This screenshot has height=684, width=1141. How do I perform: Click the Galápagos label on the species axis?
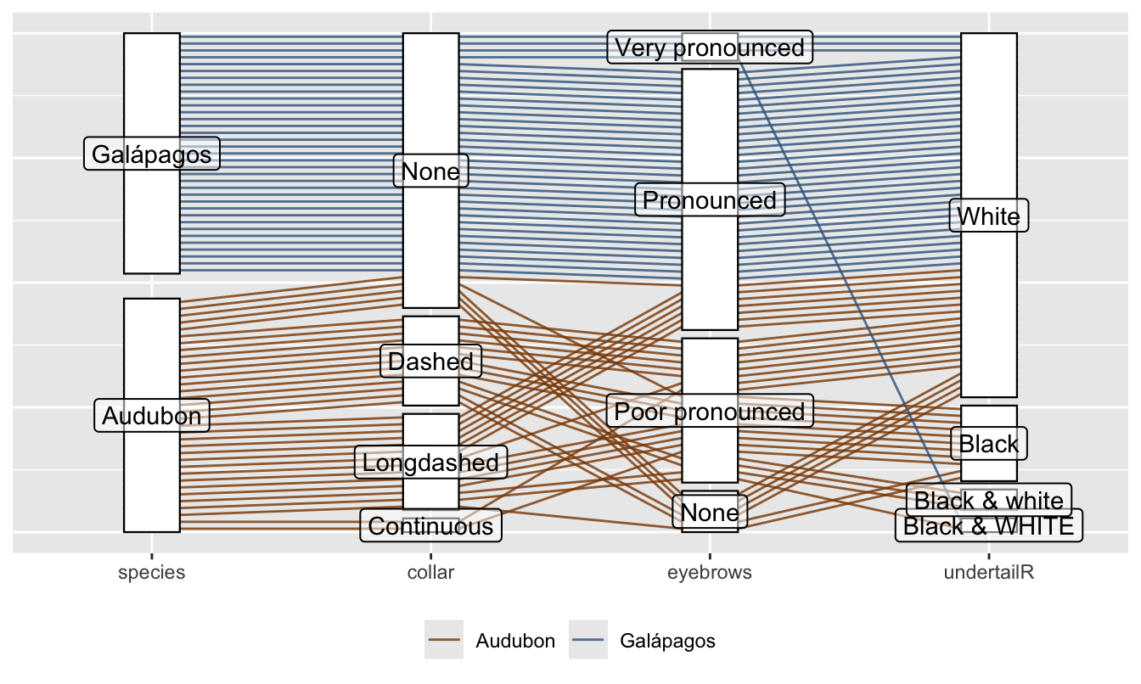tap(152, 154)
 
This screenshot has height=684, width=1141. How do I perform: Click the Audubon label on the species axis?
tap(152, 416)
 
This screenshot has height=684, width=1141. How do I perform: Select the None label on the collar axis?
tap(430, 172)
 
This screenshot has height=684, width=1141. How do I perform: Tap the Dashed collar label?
tap(430, 362)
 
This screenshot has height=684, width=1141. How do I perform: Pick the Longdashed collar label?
tap(430, 463)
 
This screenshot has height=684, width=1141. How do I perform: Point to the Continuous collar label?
tap(430, 526)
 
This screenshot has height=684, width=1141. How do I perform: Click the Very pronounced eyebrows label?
tap(710, 48)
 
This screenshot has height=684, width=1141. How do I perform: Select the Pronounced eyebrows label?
tap(710, 200)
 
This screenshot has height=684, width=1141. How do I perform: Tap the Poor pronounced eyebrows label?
tap(710, 412)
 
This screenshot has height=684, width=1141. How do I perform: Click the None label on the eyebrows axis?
tap(710, 513)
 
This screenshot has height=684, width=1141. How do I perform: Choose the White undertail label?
tap(989, 216)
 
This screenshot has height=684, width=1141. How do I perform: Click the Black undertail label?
tap(989, 443)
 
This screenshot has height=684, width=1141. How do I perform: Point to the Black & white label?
tap(989, 500)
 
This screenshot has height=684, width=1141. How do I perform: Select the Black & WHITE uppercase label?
tap(989, 526)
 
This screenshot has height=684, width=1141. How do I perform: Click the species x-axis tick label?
tap(152, 573)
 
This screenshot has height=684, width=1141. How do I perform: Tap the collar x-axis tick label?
tap(430, 573)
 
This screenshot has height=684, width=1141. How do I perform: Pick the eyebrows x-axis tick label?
tap(710, 573)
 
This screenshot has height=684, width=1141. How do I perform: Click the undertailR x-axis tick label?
tap(989, 573)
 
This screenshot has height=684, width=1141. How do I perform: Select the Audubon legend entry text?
tap(515, 641)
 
